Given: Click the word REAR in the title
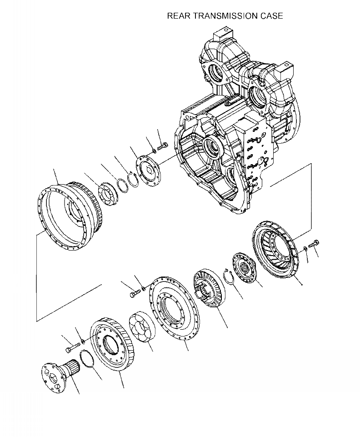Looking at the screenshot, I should (178, 16).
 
